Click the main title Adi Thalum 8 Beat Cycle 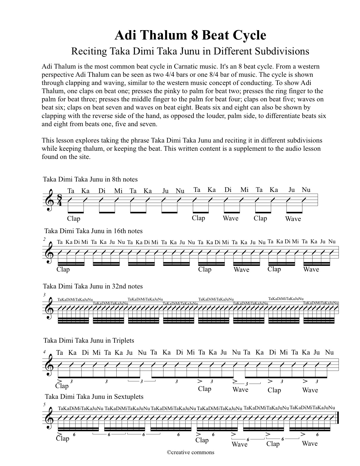(190, 36)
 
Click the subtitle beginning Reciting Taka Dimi (190, 51)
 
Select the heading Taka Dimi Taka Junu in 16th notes (93, 231)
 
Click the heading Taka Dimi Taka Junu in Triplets (89, 340)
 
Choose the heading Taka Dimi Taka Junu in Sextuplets (94, 397)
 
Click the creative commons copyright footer (190, 452)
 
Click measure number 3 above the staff (44, 295)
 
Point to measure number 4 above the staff (44, 352)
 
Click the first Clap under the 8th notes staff (74, 219)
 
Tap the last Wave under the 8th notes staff (293, 219)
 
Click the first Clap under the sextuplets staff (62, 438)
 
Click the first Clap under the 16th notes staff (63, 270)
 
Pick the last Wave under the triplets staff (310, 390)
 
